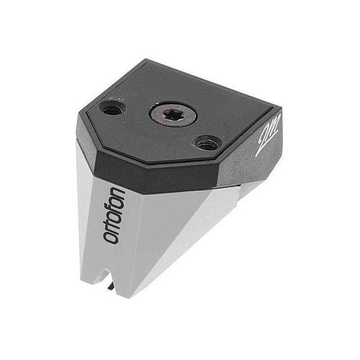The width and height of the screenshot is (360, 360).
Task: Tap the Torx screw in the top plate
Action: (x=173, y=114)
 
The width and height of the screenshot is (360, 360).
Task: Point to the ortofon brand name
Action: (x=114, y=215)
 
